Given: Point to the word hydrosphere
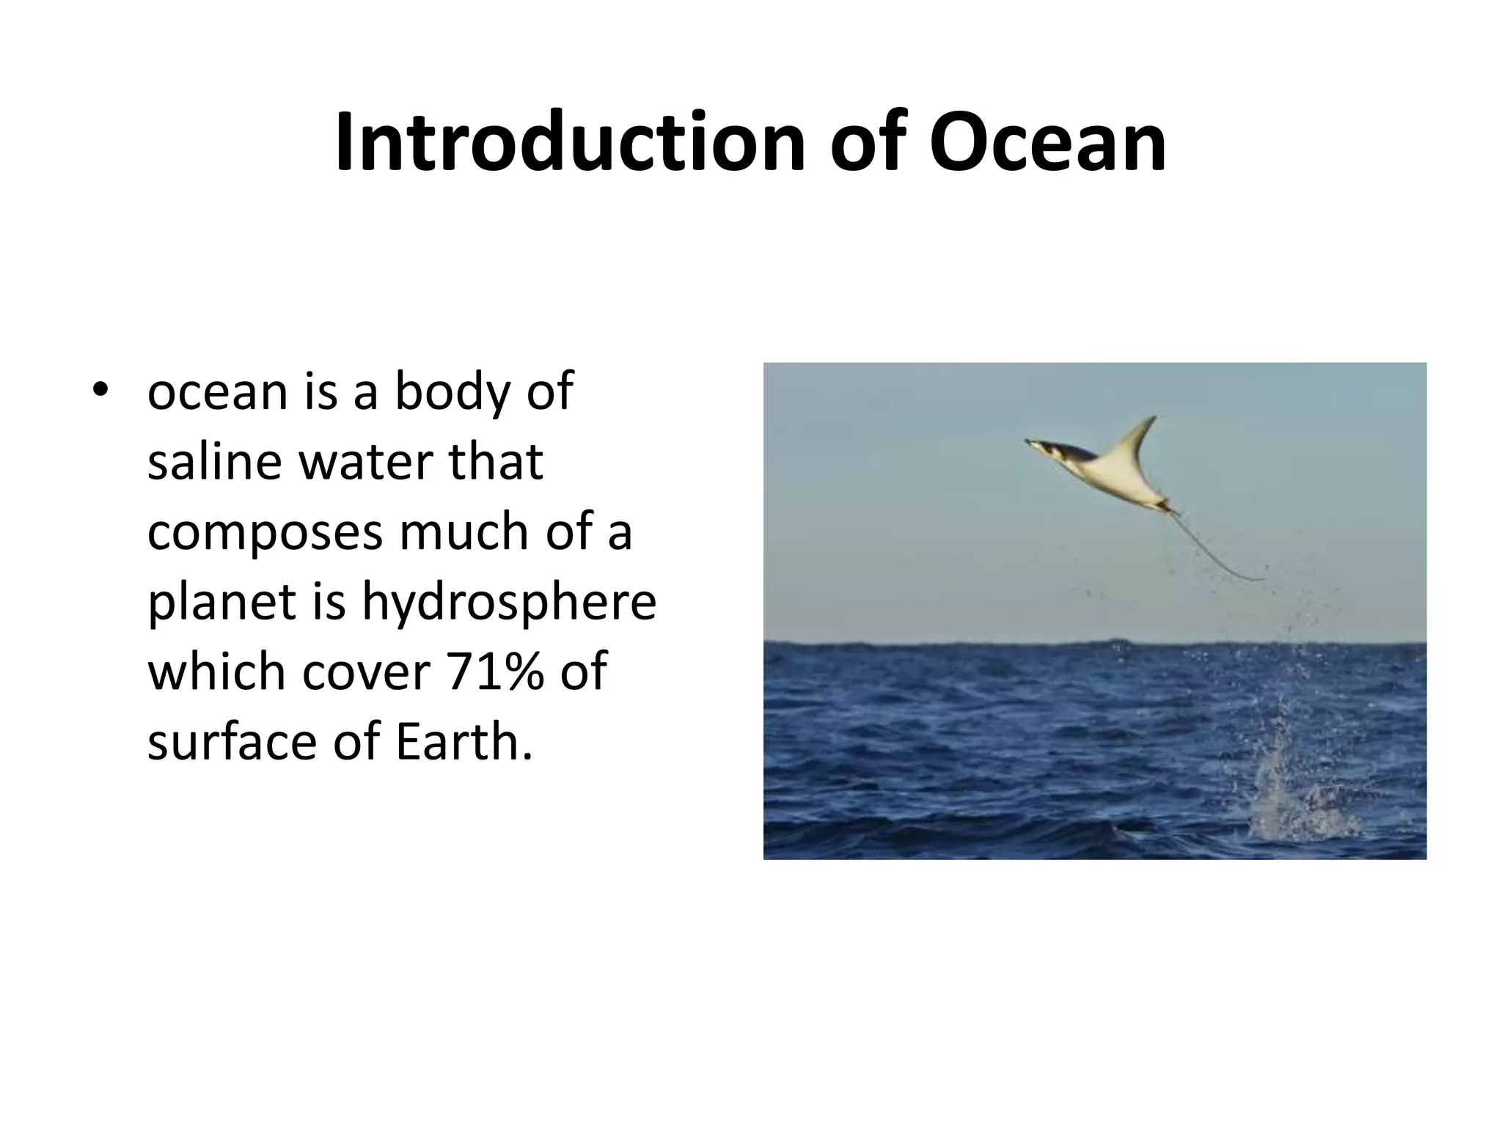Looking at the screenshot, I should (x=508, y=603).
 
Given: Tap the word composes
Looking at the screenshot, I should (x=265, y=533).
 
